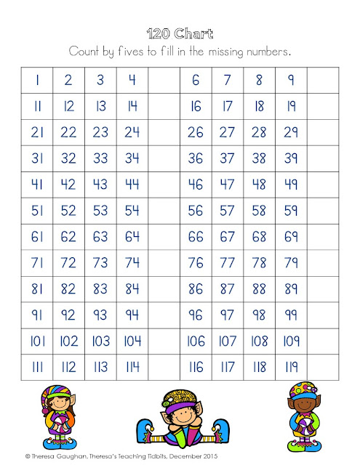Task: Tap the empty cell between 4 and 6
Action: coord(164,81)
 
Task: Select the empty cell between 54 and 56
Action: coord(164,210)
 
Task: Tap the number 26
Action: coord(196,132)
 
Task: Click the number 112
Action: coord(69,367)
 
